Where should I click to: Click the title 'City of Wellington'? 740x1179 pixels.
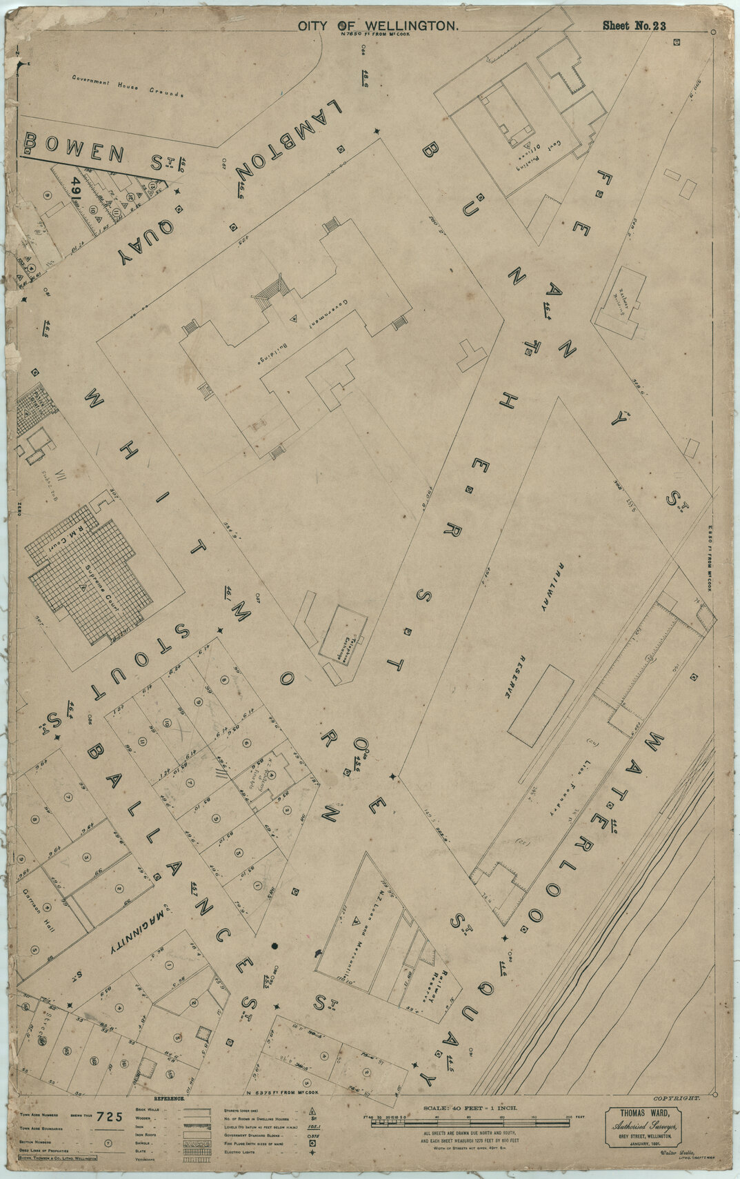[x=378, y=26]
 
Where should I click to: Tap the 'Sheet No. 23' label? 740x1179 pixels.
[x=633, y=26]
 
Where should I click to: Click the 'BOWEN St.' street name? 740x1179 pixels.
[x=97, y=152]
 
